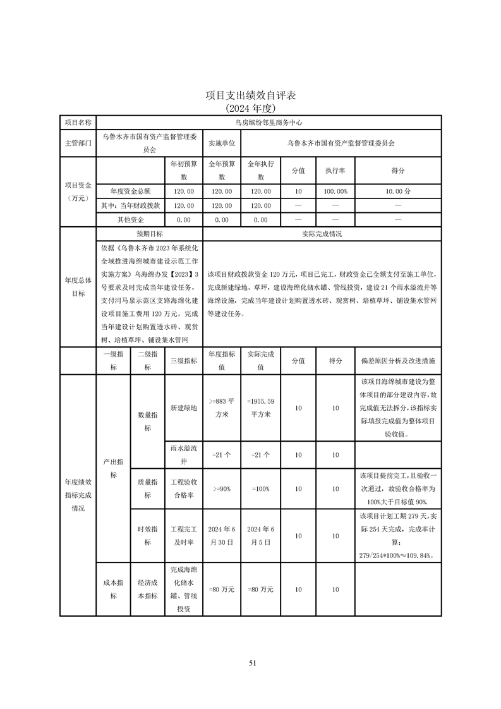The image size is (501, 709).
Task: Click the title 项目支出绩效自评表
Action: click(251, 95)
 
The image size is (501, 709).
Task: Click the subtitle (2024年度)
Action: click(251, 108)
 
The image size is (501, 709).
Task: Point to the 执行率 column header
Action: click(335, 171)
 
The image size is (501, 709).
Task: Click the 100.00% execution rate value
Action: click(335, 191)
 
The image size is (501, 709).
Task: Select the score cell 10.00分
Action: click(398, 191)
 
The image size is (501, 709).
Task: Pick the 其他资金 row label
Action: click(130, 219)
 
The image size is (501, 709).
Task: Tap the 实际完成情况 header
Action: click(322, 234)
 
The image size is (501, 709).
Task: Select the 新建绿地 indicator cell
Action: click(184, 408)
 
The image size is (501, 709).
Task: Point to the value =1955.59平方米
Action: click(260, 408)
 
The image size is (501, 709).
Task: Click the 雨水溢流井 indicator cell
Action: click(184, 455)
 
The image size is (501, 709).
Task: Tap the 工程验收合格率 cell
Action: click(184, 488)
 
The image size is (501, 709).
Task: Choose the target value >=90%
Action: click(222, 488)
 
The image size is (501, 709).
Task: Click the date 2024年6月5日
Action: click(260, 536)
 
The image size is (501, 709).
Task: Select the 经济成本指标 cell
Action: click(147, 590)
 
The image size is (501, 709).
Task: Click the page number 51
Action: click(252, 663)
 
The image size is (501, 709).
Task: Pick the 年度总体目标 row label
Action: click(78, 287)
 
